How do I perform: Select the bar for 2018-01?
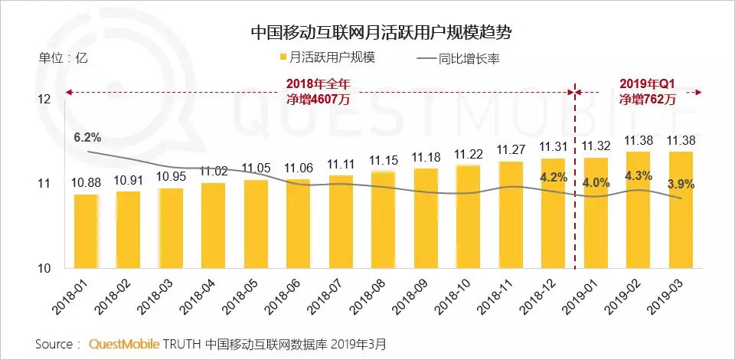click(x=86, y=231)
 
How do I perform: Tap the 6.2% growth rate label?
click(x=87, y=138)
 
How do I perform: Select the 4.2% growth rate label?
click(x=553, y=177)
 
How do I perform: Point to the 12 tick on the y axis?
click(x=44, y=100)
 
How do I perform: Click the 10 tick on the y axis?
click(x=44, y=268)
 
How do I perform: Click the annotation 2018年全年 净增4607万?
click(x=318, y=91)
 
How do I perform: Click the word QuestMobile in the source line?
click(x=122, y=343)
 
